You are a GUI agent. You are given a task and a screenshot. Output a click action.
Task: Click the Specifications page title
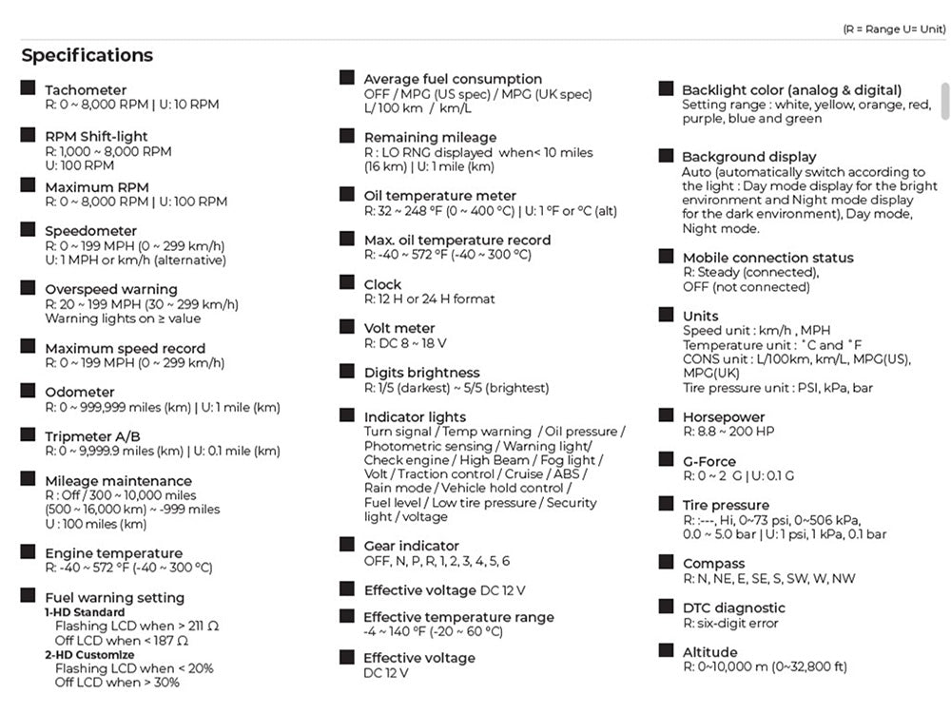[87, 55]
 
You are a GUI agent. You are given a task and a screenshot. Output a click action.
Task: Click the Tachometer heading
[86, 90]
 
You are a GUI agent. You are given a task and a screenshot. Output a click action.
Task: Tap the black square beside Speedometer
[28, 229]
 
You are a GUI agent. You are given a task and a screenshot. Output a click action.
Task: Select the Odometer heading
[80, 392]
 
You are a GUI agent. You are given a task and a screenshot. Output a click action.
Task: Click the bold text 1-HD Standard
[85, 612]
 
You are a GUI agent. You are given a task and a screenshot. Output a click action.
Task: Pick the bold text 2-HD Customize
[89, 655]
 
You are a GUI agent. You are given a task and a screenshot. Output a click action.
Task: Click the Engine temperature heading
[113, 553]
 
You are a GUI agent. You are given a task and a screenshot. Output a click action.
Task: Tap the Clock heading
[382, 284]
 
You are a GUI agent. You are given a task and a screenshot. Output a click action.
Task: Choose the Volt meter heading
[399, 328]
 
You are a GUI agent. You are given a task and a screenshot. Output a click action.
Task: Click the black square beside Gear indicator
[347, 545]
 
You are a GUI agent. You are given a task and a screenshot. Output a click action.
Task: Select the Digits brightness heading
[421, 373]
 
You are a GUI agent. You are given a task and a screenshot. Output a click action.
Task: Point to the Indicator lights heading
[415, 416]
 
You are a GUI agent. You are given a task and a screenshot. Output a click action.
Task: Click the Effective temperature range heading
[458, 617]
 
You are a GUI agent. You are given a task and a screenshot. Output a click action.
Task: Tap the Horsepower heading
[724, 416]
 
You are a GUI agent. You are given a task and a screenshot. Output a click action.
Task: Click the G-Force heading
[709, 461]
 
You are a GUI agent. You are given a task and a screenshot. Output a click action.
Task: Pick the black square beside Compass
[666, 562]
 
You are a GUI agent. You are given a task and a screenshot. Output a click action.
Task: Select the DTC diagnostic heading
[733, 607]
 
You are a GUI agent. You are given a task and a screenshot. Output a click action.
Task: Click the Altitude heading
[709, 652]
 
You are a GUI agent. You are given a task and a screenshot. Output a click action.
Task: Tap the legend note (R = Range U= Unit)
[894, 29]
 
